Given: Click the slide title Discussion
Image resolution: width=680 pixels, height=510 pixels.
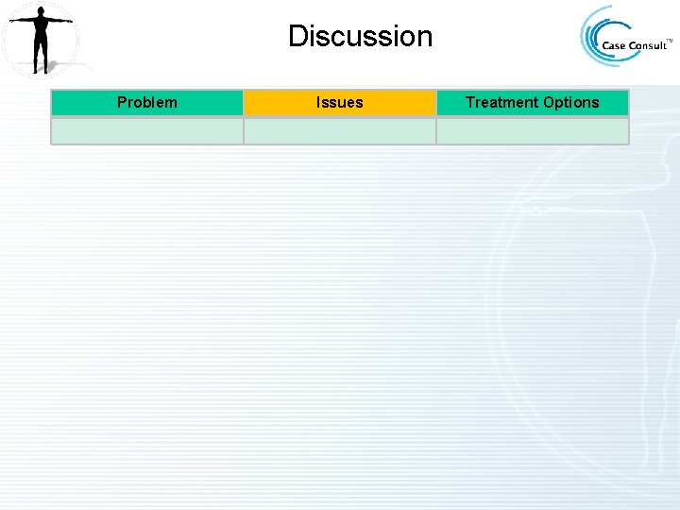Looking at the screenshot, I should pos(360,37).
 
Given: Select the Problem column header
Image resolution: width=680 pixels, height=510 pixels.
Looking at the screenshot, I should pos(146,102).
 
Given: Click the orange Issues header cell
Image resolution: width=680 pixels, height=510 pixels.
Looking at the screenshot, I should pos(339,102).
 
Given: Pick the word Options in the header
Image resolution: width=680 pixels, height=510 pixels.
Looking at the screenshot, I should pos(569,102).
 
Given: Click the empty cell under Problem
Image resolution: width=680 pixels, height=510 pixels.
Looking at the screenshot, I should pos(146,130).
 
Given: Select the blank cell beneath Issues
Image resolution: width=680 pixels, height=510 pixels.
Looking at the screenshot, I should pos(339,130).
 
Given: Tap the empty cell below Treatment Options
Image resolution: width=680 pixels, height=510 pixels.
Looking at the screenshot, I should pos(532,130).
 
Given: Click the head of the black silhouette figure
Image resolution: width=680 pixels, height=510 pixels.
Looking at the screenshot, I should pos(40,10).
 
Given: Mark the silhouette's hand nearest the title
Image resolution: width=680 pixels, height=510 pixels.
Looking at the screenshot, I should pos(70,20).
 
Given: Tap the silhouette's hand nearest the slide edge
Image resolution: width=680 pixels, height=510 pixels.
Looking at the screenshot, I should pos(11,20).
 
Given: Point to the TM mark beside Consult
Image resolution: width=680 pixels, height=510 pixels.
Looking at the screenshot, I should pos(670,41).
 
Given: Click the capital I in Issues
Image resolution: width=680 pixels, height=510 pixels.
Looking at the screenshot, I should pos(318,102).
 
